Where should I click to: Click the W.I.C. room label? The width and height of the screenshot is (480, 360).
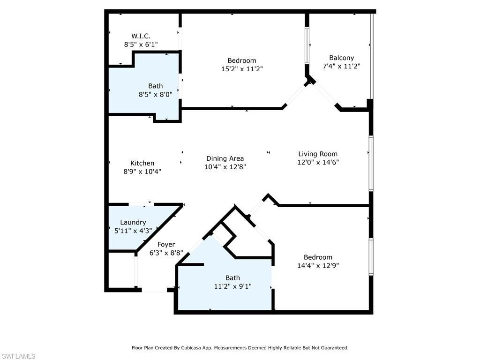pyautogui.click(x=141, y=36)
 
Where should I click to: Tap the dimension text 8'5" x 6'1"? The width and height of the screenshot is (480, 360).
pyautogui.click(x=141, y=44)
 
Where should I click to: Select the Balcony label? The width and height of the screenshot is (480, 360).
pyautogui.click(x=341, y=58)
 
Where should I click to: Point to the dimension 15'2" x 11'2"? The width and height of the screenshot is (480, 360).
pyautogui.click(x=242, y=69)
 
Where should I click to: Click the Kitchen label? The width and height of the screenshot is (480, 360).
pyautogui.click(x=142, y=163)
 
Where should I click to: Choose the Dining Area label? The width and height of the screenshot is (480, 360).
pyautogui.click(x=225, y=158)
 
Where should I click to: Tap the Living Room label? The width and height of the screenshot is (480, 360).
pyautogui.click(x=318, y=154)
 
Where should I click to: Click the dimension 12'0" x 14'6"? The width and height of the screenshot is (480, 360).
pyautogui.click(x=318, y=162)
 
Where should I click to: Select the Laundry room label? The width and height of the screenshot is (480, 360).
pyautogui.click(x=133, y=222)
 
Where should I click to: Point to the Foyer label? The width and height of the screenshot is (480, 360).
pyautogui.click(x=166, y=244)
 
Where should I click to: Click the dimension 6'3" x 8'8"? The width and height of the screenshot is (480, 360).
pyautogui.click(x=166, y=253)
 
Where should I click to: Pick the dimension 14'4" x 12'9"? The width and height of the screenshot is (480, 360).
pyautogui.click(x=318, y=265)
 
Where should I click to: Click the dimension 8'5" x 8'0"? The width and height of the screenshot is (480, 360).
pyautogui.click(x=156, y=94)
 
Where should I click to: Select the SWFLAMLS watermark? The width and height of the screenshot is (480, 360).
pyautogui.click(x=18, y=356)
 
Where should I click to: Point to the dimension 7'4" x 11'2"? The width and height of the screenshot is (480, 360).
pyautogui.click(x=341, y=66)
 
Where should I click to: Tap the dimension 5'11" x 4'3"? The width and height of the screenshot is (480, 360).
pyautogui.click(x=133, y=231)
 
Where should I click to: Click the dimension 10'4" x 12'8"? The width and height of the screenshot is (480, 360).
pyautogui.click(x=225, y=167)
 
